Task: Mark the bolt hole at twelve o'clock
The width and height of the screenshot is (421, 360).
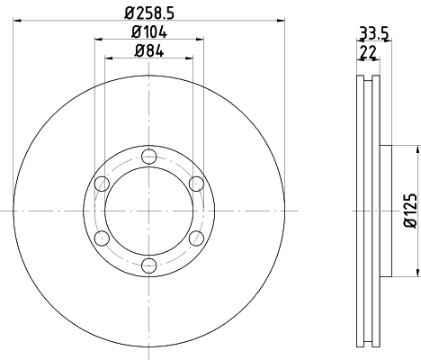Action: (x=149, y=157)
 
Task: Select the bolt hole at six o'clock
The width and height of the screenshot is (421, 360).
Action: (x=149, y=265)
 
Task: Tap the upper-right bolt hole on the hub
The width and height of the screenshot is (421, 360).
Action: (x=196, y=184)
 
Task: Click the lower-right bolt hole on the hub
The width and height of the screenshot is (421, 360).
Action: (x=196, y=238)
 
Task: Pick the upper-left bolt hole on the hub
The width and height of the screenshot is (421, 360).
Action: (x=103, y=184)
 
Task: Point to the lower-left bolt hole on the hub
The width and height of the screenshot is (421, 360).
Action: (x=103, y=238)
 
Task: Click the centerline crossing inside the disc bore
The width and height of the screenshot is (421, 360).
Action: (x=149, y=211)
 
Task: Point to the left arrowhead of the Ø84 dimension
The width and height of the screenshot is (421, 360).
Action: (x=111, y=59)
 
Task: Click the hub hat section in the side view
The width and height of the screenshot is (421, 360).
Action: (x=383, y=210)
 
